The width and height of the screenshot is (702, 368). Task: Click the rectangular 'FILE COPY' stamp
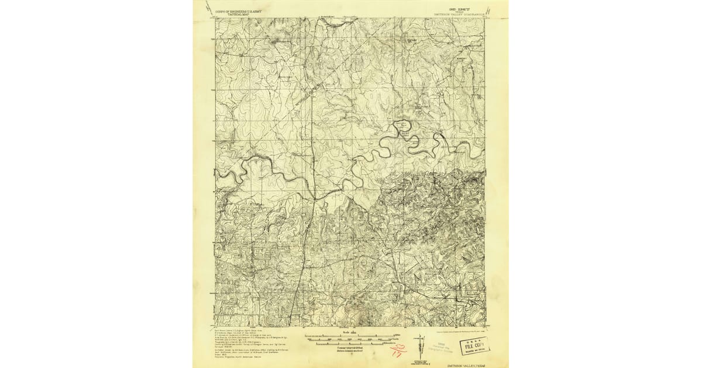coord(474,345)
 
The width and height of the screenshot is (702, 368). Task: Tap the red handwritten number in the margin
coord(398,350)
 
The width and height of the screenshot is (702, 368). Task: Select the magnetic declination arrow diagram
coord(420,345)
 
